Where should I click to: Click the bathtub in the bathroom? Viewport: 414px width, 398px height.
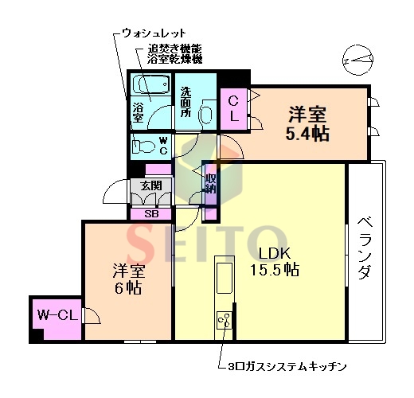(x=150, y=84)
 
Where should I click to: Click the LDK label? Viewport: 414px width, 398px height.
(x=273, y=254)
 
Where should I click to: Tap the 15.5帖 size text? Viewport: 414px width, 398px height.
(x=273, y=270)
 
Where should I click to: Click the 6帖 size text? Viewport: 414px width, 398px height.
(x=127, y=288)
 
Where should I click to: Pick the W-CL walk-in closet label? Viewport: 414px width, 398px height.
(x=56, y=315)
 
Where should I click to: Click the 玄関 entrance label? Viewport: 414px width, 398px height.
(x=150, y=185)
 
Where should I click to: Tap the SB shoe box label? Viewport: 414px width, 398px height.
(x=150, y=213)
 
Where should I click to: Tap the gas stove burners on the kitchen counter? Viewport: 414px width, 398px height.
(x=224, y=321)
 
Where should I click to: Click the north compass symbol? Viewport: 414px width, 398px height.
(x=357, y=58)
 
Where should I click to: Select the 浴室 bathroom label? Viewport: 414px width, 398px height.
(x=138, y=112)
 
